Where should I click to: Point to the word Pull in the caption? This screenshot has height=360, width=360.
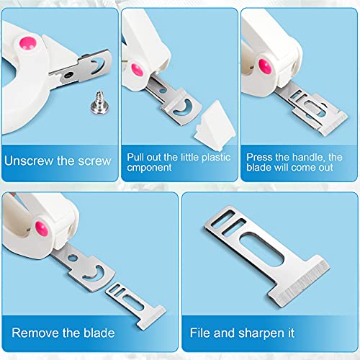coord(137,155)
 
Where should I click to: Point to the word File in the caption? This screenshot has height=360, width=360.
coord(201,334)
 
